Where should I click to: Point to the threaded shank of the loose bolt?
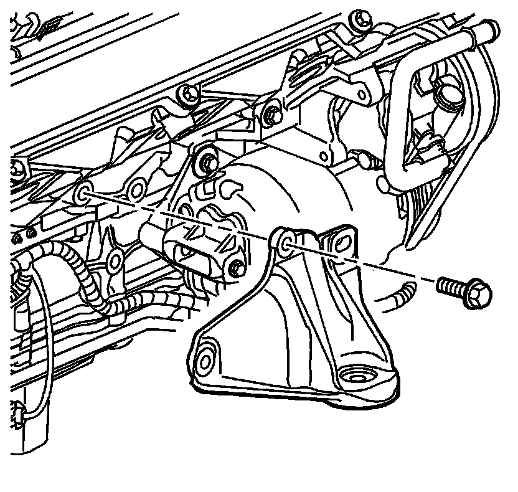point(450,286)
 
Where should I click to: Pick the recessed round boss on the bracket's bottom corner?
point(356,377)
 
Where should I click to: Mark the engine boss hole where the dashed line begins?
point(84,193)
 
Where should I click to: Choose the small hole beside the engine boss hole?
point(137,189)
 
